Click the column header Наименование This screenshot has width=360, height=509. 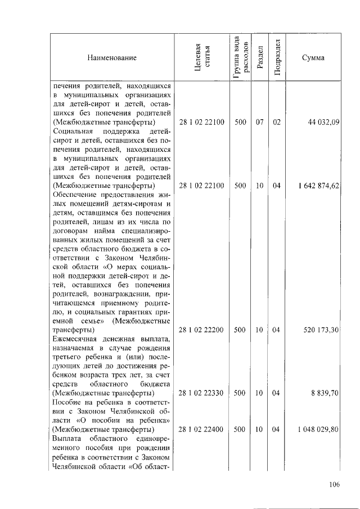click(111, 57)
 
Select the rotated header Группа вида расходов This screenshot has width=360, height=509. click(240, 57)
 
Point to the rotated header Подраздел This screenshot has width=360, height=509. click(276, 57)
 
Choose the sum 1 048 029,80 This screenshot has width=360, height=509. click(318, 429)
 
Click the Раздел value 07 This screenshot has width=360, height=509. click(259, 122)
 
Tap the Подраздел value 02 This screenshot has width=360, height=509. click(276, 122)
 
